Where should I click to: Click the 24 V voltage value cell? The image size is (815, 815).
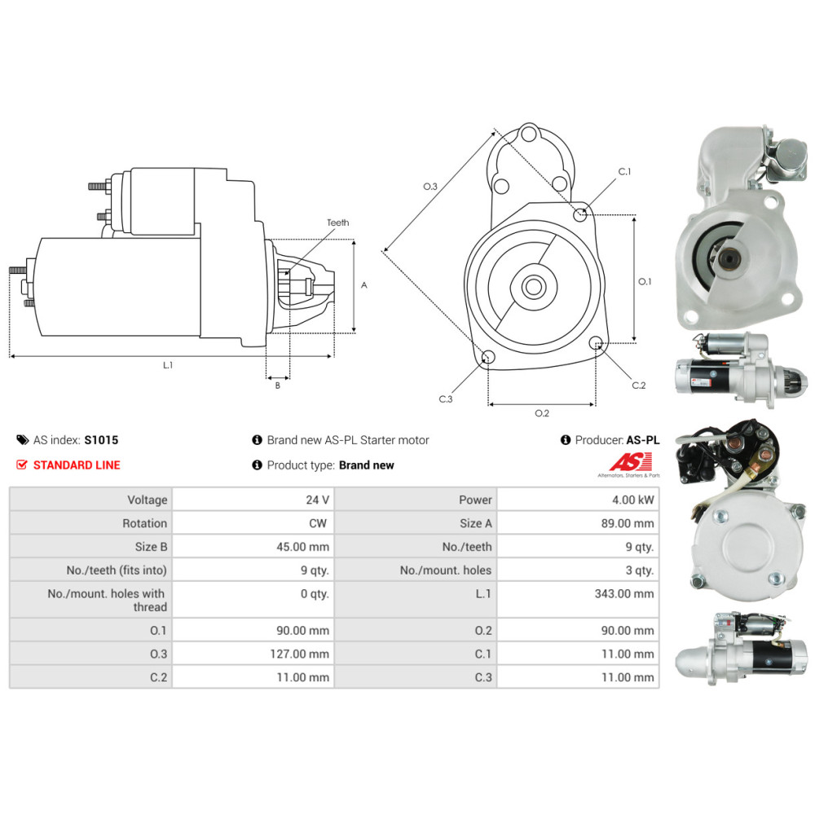pyautogui.click(x=319, y=500)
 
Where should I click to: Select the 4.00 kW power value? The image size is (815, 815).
pyautogui.click(x=637, y=500)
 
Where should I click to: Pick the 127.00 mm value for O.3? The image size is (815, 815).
pyautogui.click(x=300, y=654)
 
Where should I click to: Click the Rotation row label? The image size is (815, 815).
pyautogui.click(x=144, y=523)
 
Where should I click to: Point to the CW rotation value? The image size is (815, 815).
pyautogui.click(x=319, y=523)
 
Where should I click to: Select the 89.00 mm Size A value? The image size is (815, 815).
pyautogui.click(x=627, y=523)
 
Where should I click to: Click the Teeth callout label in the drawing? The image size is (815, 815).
pyautogui.click(x=337, y=222)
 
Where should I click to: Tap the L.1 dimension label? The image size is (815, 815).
pyautogui.click(x=167, y=365)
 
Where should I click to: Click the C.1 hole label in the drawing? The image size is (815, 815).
pyautogui.click(x=625, y=172)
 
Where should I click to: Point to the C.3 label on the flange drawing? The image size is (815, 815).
pyautogui.click(x=445, y=399)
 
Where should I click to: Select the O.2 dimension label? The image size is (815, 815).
pyautogui.click(x=541, y=413)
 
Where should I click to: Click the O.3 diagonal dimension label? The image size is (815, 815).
pyautogui.click(x=430, y=187)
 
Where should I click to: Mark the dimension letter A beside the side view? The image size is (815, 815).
pyautogui.click(x=364, y=285)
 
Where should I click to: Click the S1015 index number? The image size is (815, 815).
pyautogui.click(x=101, y=440)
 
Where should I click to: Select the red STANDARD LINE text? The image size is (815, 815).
pyautogui.click(x=77, y=465)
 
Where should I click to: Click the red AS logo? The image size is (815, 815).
pyautogui.click(x=628, y=461)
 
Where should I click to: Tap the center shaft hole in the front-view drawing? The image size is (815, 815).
pyautogui.click(x=535, y=287)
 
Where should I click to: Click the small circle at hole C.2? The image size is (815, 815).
pyautogui.click(x=597, y=342)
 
